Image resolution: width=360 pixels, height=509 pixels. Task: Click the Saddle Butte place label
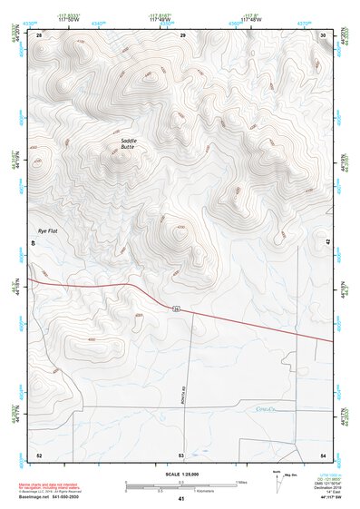click(132, 151)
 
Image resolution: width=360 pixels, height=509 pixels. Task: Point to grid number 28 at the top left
click(39, 34)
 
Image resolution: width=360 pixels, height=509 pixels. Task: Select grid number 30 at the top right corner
click(324, 34)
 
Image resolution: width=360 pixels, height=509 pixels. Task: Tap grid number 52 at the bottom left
click(39, 454)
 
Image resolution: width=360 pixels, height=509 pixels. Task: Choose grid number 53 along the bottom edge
click(181, 454)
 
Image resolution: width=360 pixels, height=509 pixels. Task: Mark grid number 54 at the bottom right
click(323, 454)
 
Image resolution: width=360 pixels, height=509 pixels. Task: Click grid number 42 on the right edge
click(327, 241)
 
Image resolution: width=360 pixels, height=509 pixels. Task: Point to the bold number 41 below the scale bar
click(181, 499)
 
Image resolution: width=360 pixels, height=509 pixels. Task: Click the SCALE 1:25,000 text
click(181, 475)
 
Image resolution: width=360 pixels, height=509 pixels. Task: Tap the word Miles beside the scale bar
click(242, 482)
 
